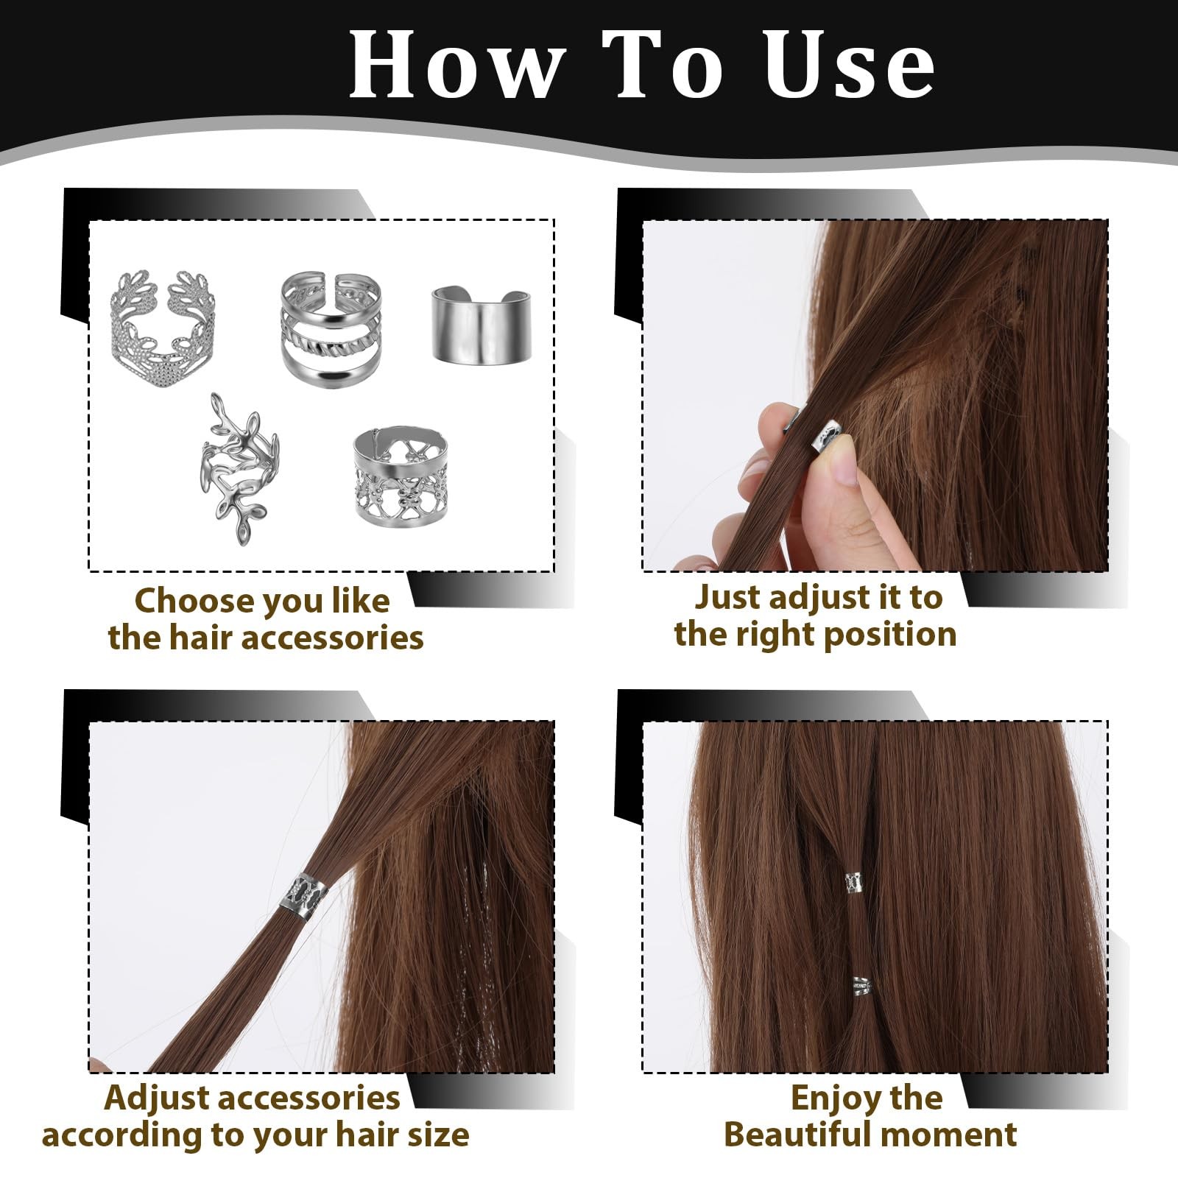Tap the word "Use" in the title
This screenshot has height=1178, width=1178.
tap(850, 65)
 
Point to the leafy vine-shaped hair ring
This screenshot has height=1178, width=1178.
tap(234, 468)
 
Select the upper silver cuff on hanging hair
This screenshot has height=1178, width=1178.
tap(856, 882)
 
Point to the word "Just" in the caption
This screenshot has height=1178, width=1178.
tap(729, 598)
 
